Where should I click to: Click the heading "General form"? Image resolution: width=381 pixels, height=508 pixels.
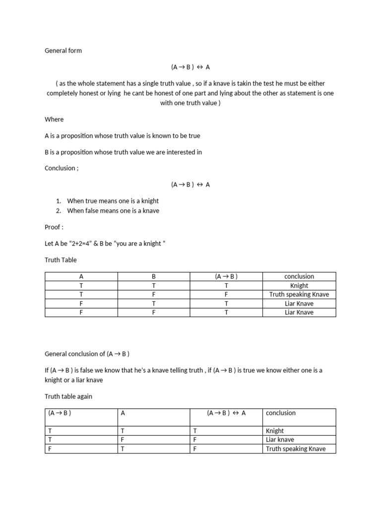click(x=63, y=51)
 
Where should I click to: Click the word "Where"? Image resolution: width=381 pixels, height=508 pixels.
click(x=54, y=119)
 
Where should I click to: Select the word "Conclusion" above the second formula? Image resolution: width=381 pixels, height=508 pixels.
click(x=60, y=168)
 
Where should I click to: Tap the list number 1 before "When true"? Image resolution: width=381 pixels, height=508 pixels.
click(x=58, y=201)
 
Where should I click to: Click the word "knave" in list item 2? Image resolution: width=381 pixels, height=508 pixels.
click(x=150, y=210)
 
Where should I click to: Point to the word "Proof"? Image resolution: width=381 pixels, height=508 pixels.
click(x=53, y=227)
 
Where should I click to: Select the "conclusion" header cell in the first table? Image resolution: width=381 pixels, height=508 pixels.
click(x=299, y=276)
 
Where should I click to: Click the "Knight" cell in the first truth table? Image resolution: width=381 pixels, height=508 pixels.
click(x=299, y=286)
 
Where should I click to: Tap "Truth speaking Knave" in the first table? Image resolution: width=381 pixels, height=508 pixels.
click(x=299, y=295)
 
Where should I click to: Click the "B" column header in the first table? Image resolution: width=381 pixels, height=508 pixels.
click(x=154, y=276)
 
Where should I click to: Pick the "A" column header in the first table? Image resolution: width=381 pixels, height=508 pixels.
click(x=81, y=276)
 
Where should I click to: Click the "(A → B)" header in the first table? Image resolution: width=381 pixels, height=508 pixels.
click(x=226, y=276)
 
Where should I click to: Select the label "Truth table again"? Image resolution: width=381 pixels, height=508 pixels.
click(x=68, y=396)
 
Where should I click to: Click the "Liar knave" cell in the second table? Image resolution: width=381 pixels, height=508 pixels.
click(x=280, y=440)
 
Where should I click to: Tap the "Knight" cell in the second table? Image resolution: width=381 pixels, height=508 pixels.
click(x=275, y=431)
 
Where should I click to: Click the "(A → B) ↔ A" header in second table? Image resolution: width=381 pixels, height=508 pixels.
click(x=226, y=413)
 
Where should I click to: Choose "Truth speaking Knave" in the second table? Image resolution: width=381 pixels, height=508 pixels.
click(x=296, y=449)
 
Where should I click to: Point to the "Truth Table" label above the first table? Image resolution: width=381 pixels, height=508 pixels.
click(x=61, y=259)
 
